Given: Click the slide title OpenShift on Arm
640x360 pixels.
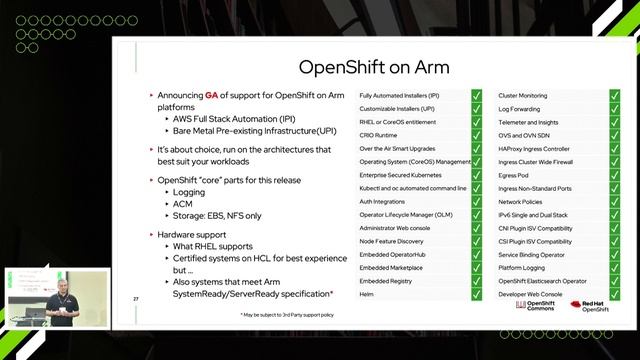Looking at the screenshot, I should click(x=374, y=67).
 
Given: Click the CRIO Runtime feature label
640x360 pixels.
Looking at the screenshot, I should click(x=383, y=134).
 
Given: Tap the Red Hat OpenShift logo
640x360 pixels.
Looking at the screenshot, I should click(x=591, y=306).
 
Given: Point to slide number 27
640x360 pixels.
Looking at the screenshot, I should click(x=136, y=299).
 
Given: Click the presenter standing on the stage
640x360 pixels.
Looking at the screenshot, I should click(x=61, y=300).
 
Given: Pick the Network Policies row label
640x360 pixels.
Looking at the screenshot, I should click(x=522, y=201).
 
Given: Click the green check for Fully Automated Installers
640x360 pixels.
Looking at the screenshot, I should click(x=478, y=95).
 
